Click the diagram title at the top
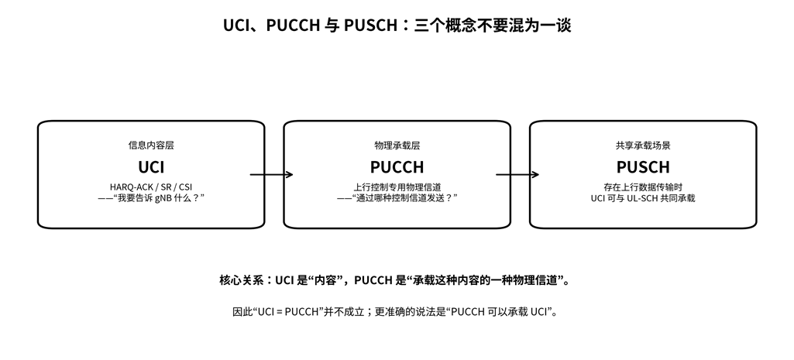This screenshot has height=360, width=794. pyautogui.click(x=397, y=25)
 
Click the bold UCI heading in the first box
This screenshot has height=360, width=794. pyautogui.click(x=151, y=166)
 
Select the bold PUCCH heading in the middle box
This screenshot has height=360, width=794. pyautogui.click(x=397, y=166)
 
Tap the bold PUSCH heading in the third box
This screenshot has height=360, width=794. pyautogui.click(x=643, y=166)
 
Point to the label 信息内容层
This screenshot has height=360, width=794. pyautogui.click(x=151, y=146)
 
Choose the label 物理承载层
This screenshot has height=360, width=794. pyautogui.click(x=397, y=146)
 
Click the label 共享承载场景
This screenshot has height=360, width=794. pyautogui.click(x=643, y=146)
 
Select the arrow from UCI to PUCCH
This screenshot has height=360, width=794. pyautogui.click(x=271, y=175)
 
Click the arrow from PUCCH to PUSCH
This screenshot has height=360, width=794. pyautogui.click(x=517, y=175)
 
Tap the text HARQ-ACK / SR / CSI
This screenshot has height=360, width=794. pyautogui.click(x=151, y=187)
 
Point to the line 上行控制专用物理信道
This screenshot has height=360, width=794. pyautogui.click(x=397, y=187)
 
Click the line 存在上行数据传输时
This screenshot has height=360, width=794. pyautogui.click(x=643, y=187)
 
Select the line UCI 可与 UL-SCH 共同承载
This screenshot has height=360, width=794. pyautogui.click(x=643, y=198)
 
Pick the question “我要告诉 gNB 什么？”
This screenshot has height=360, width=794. pyautogui.click(x=156, y=198)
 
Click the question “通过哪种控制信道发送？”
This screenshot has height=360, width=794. pyautogui.click(x=402, y=198)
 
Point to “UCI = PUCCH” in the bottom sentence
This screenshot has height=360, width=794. pyautogui.click(x=290, y=312)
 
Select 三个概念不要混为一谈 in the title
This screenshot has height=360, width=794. pyautogui.click(x=493, y=25)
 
